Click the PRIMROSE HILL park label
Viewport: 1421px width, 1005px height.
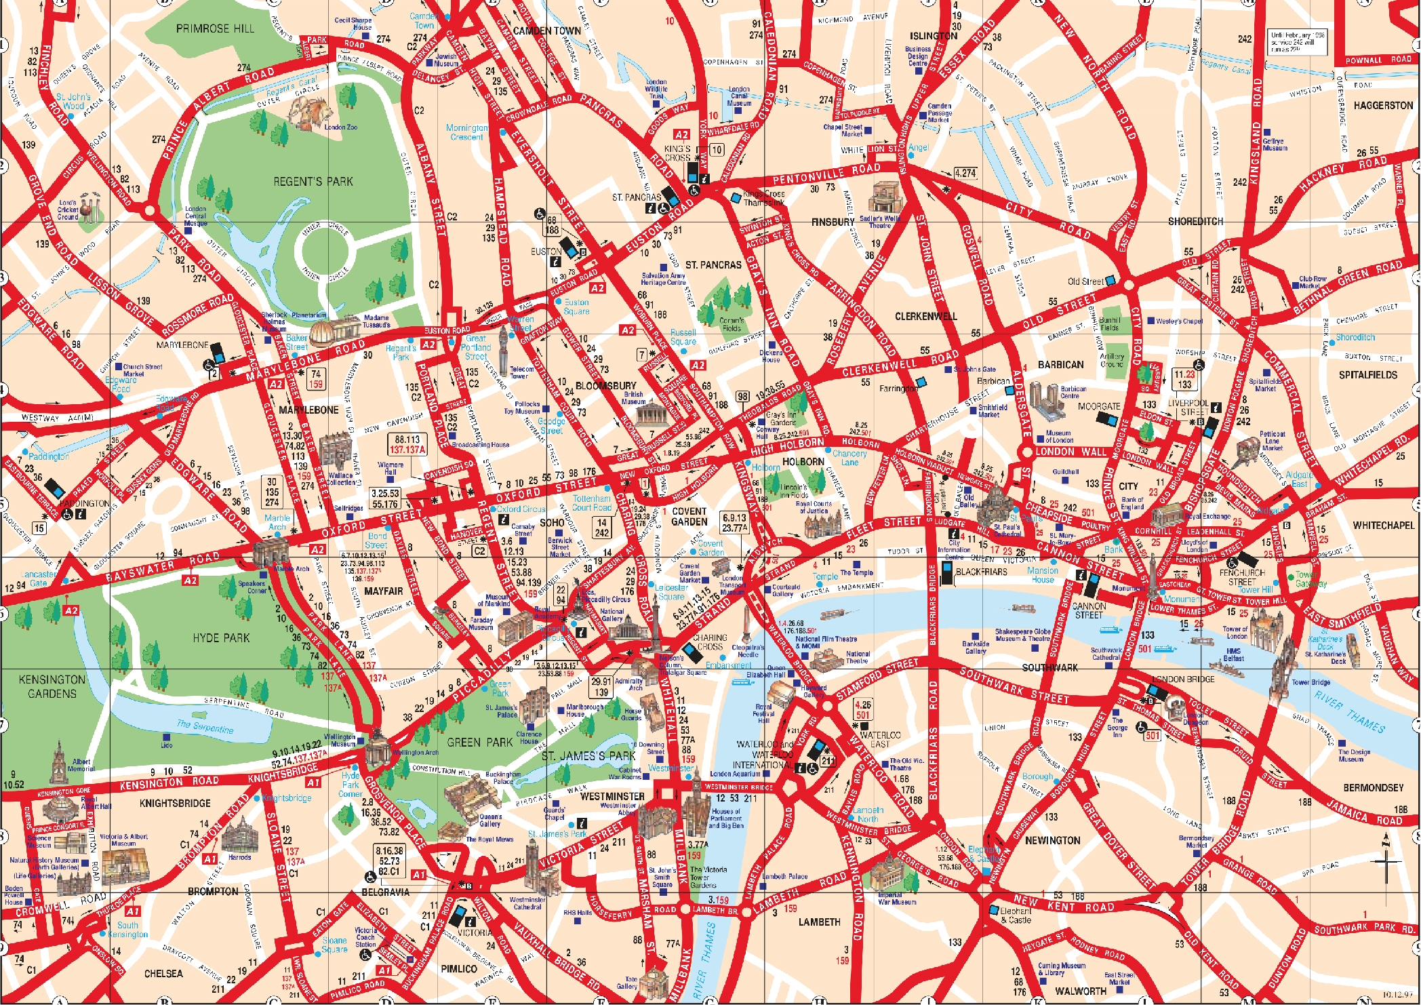(x=215, y=28)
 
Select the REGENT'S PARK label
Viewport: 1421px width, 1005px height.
(x=313, y=182)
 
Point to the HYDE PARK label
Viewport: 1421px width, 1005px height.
(x=221, y=638)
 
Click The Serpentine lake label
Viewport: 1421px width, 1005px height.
(x=205, y=727)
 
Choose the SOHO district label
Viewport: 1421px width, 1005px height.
(x=552, y=523)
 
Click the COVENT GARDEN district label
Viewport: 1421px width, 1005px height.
(x=689, y=517)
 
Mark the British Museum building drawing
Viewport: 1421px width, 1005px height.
(x=649, y=413)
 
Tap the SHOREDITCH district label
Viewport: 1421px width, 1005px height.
(x=1195, y=222)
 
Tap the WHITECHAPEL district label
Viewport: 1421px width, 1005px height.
(x=1383, y=526)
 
